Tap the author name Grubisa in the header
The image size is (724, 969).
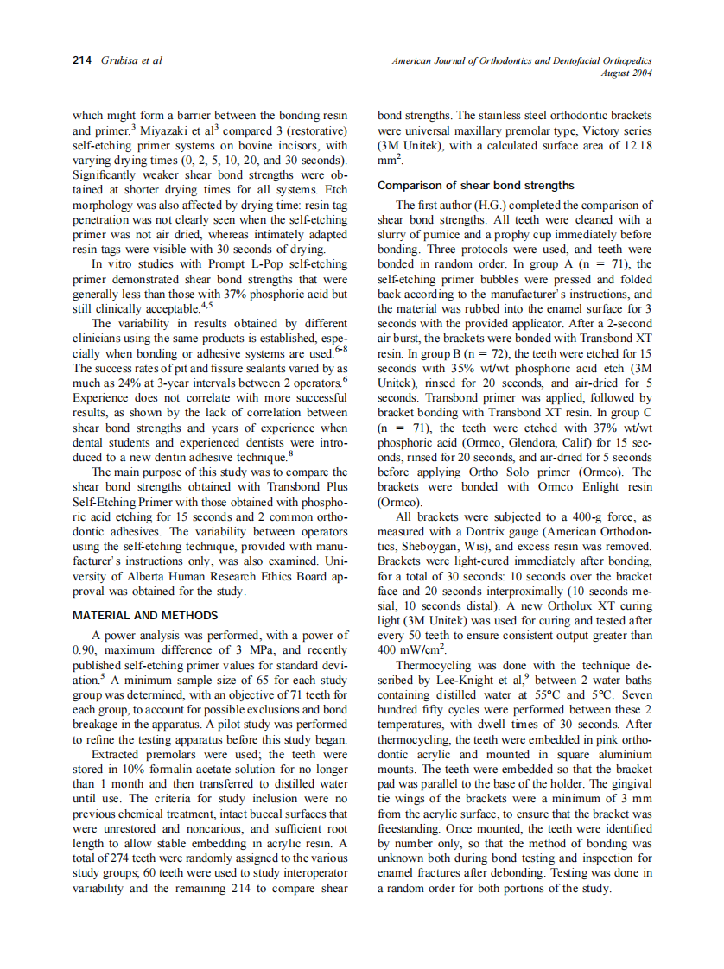(x=119, y=60)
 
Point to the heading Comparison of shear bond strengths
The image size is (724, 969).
(x=476, y=186)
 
